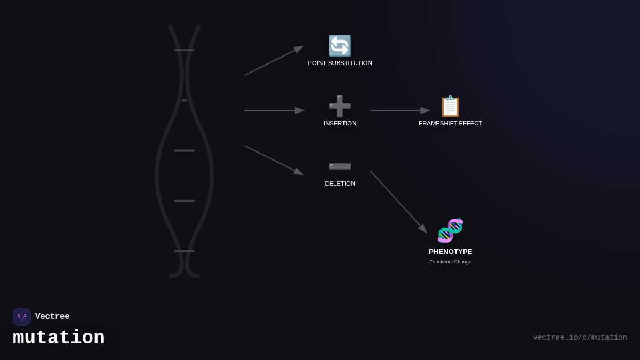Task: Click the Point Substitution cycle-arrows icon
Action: click(340, 46)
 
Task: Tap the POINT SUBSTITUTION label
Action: click(340, 63)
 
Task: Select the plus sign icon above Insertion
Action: click(340, 106)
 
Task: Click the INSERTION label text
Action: click(340, 123)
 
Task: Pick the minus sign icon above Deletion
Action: click(340, 167)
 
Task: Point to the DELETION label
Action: click(340, 183)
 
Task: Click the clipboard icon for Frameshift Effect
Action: click(450, 106)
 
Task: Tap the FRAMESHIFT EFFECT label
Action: click(450, 123)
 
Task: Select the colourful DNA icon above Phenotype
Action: click(450, 230)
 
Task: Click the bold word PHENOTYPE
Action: click(450, 251)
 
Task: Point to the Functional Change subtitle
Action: click(450, 262)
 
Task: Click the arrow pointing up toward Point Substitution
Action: click(274, 61)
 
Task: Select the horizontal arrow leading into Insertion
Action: click(274, 110)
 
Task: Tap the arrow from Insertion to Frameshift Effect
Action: click(399, 110)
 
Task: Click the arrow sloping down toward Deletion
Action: click(274, 160)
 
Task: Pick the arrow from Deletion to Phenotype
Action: click(398, 202)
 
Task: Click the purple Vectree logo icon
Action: click(22, 317)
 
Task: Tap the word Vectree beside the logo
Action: click(52, 317)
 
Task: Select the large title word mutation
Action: click(59, 338)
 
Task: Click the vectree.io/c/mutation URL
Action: click(580, 338)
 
